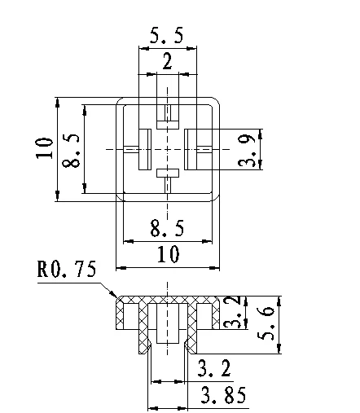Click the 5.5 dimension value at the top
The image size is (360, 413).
(x=167, y=35)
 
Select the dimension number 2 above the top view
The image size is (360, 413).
(x=167, y=61)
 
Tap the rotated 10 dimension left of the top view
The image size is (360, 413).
(x=44, y=148)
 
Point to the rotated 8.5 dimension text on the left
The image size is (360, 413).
(x=71, y=150)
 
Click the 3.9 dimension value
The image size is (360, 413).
(x=246, y=150)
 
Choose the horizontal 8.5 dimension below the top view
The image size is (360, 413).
(x=167, y=228)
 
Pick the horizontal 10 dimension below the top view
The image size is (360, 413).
(x=169, y=254)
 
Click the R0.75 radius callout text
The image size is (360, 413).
(x=67, y=269)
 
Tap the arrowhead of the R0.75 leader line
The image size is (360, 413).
(x=115, y=297)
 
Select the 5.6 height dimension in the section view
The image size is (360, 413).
(x=266, y=323)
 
